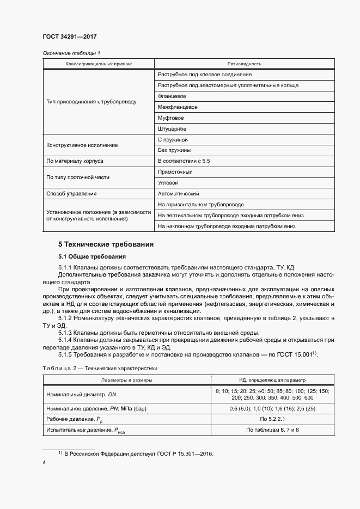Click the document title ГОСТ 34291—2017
(x=70, y=36)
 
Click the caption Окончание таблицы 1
(x=71, y=53)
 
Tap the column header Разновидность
(x=245, y=64)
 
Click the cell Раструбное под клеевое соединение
(x=204, y=75)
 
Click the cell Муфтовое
(x=171, y=118)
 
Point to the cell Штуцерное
(x=172, y=129)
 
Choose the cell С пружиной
(x=172, y=140)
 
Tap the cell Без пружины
(x=174, y=150)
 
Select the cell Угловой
(x=168, y=183)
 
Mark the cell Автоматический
(x=178, y=194)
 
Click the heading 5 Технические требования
(x=106, y=244)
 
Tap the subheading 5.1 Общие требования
(x=92, y=256)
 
